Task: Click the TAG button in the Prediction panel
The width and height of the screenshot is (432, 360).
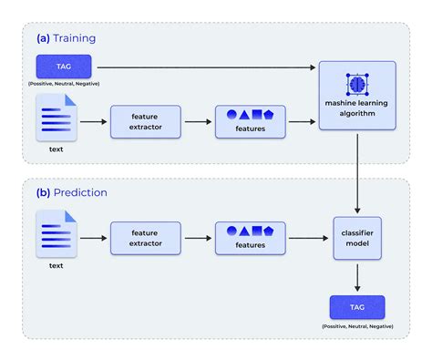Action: point(357,306)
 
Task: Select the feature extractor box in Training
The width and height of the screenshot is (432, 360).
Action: point(145,122)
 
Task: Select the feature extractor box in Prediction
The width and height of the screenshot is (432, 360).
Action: point(145,239)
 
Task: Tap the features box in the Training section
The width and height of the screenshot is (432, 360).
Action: point(250,122)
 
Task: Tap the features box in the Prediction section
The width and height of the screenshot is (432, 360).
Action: point(250,239)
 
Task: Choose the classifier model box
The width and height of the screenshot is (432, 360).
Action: point(357,239)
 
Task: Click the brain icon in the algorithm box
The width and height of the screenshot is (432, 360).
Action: point(357,84)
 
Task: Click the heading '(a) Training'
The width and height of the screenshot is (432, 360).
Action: point(67,38)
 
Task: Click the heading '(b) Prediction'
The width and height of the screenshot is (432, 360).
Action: point(72,192)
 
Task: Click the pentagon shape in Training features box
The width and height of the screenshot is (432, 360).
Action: point(270,116)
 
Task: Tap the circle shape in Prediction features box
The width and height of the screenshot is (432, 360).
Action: point(231,231)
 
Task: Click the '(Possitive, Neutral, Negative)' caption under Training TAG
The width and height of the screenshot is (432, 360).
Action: point(64,84)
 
